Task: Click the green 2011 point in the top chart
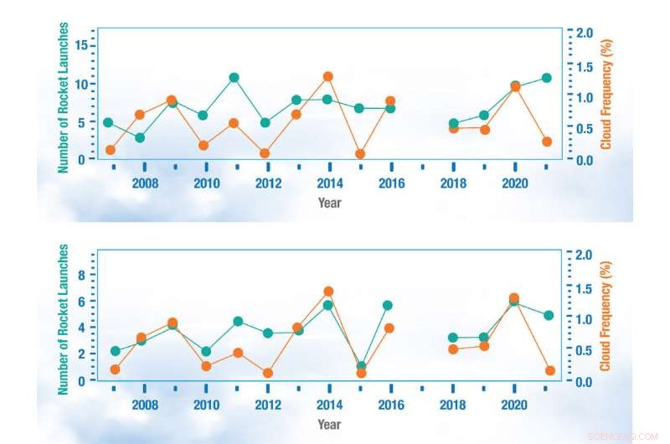coord(234,78)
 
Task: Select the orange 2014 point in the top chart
coord(328,77)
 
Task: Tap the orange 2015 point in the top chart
coord(360,154)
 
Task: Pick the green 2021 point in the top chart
coord(546,78)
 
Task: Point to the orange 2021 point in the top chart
coord(546,142)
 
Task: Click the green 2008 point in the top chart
coord(140,137)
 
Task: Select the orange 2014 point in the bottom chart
coord(329,292)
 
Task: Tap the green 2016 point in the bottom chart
coord(388,306)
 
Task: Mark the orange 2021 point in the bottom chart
coord(550,370)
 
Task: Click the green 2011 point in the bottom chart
coord(238,322)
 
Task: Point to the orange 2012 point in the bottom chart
coord(268,374)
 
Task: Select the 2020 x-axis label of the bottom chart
coord(513,404)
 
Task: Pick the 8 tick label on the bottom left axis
coord(81,275)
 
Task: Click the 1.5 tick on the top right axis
coord(585,65)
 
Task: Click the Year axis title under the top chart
coord(330,202)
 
